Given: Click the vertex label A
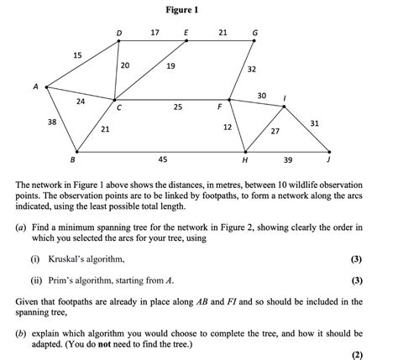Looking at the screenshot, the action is [35, 84].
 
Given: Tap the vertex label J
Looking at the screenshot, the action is [329, 159].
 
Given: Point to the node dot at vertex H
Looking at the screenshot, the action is [244, 152].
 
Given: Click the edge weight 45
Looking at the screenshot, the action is [162, 159].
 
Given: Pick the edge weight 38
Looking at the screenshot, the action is [51, 123].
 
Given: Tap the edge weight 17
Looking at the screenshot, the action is [154, 33].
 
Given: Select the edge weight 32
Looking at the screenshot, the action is [252, 69].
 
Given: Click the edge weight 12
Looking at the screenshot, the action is [227, 127].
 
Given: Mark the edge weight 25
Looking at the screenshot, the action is [178, 107].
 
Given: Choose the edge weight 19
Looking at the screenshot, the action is [170, 65].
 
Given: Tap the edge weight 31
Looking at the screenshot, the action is [314, 123].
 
